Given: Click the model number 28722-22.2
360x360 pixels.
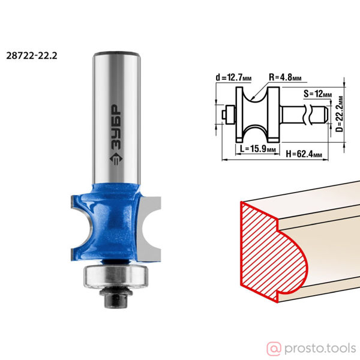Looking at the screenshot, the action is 32,56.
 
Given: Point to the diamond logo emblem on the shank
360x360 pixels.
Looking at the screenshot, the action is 116,159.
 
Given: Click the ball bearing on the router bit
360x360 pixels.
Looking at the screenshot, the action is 116,276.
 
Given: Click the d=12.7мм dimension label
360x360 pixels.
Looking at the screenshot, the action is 233,77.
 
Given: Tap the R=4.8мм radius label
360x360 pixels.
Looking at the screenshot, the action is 285,77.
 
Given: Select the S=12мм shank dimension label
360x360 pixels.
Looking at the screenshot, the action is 317,94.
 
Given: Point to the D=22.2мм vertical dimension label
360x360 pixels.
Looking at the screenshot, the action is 340,113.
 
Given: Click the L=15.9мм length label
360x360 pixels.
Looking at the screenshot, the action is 257,149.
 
